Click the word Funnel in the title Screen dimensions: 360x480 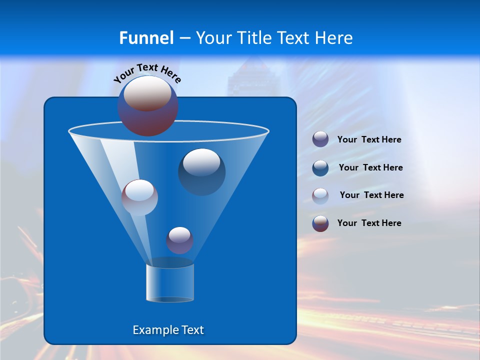[x=146, y=38]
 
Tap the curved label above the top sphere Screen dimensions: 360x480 [x=147, y=73]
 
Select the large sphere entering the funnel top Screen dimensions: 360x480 [x=148, y=105]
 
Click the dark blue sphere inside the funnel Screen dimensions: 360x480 [x=202, y=171]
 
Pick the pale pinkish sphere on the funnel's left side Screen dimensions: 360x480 [x=139, y=197]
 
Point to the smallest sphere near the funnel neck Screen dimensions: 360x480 [x=179, y=240]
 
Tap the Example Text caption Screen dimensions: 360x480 [x=168, y=330]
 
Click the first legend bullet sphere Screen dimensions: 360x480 [x=320, y=139]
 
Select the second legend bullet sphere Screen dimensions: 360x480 [x=320, y=167]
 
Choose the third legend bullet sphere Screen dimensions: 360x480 [x=320, y=195]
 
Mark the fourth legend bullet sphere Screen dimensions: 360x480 [x=320, y=223]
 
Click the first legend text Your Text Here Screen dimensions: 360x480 [x=369, y=140]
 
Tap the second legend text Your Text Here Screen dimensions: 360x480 [x=370, y=168]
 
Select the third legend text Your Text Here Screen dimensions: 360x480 [x=371, y=195]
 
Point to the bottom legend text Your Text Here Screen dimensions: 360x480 [x=369, y=223]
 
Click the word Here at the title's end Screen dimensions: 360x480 [x=334, y=38]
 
